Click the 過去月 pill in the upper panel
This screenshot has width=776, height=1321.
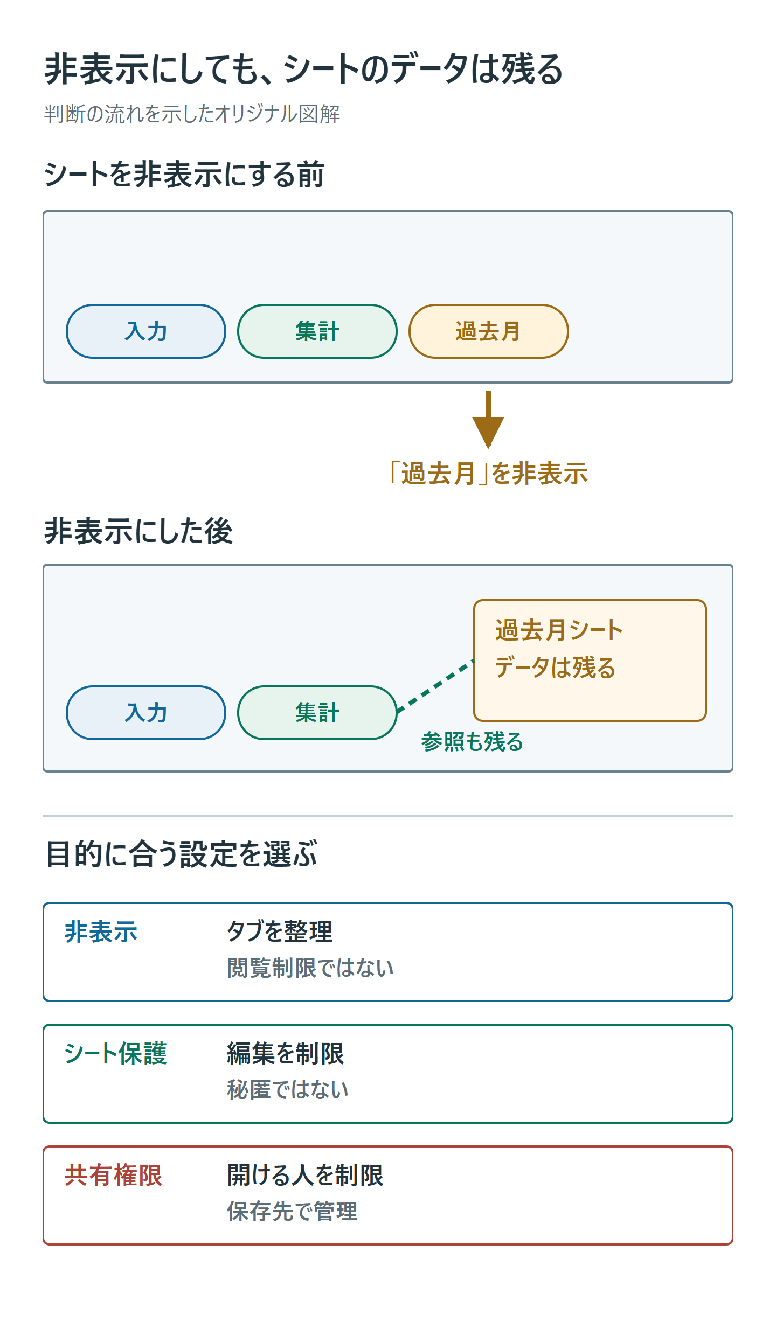(x=488, y=331)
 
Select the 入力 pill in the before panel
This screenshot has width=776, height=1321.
(x=145, y=331)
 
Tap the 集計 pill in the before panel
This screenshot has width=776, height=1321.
(x=317, y=331)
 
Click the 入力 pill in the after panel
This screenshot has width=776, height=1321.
(x=145, y=713)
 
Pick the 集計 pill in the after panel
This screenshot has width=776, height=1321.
(x=317, y=713)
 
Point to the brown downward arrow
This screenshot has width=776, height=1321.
(x=488, y=420)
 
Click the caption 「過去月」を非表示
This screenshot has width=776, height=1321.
(x=488, y=474)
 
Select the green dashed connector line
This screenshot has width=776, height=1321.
(x=435, y=686)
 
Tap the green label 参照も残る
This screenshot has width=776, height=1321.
(x=472, y=742)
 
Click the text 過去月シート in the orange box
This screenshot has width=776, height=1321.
(x=559, y=630)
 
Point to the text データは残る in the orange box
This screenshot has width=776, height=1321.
(x=555, y=668)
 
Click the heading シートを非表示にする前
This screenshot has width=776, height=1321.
(x=184, y=175)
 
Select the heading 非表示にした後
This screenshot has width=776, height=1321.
(x=138, y=531)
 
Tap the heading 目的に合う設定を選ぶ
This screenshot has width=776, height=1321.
(x=182, y=854)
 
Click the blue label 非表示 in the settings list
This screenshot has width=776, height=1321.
(x=101, y=932)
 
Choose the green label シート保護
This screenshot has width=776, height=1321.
(x=115, y=1054)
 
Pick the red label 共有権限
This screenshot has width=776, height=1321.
(x=113, y=1176)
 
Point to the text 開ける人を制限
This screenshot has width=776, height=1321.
(x=305, y=1176)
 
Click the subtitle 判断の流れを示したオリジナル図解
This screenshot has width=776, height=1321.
(x=192, y=114)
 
